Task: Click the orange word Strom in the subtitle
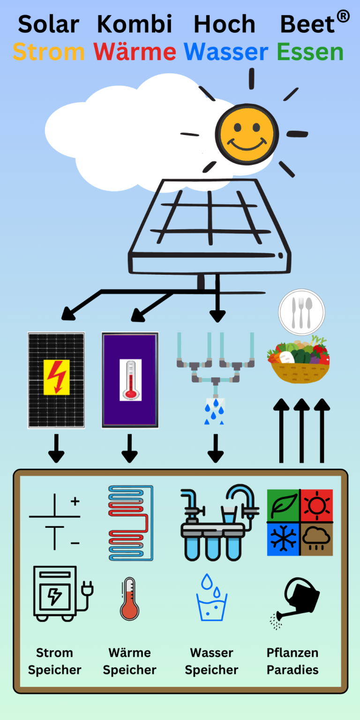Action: tap(48, 52)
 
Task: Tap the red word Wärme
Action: tap(135, 52)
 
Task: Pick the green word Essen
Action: tap(310, 52)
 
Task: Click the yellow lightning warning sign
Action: tap(56, 377)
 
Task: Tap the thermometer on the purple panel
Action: tap(130, 380)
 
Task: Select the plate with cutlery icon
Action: tap(301, 312)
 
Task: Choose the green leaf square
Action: tap(283, 505)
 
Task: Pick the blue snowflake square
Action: tap(283, 539)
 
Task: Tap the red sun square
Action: tap(317, 505)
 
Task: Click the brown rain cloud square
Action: tap(317, 539)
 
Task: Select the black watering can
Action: tap(297, 601)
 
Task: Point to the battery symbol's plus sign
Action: tap(75, 502)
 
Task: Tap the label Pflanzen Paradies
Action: tap(292, 661)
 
